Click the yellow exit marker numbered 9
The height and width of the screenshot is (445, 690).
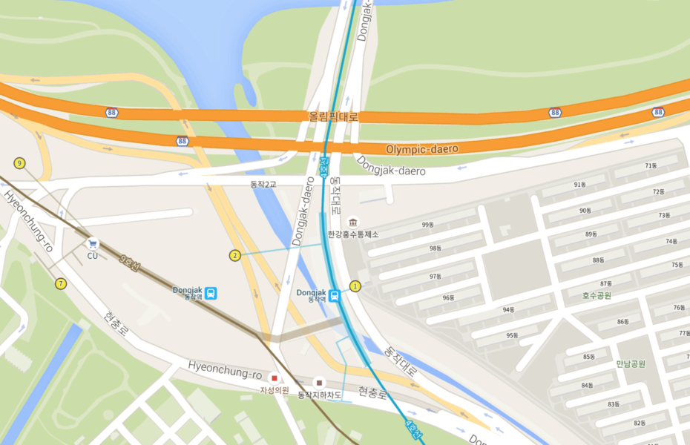coord(19,163)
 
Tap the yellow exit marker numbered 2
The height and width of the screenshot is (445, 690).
coord(234,256)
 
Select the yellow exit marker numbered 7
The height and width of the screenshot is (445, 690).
coord(60,283)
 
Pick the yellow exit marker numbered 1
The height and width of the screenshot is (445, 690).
coord(355,286)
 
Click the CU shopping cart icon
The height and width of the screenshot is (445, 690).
coord(93,243)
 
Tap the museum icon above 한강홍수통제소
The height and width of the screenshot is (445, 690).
coord(353,222)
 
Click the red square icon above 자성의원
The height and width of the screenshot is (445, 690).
coord(274,378)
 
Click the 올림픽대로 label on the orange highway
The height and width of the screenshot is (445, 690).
coord(333,116)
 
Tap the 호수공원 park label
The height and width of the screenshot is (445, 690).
coord(597,295)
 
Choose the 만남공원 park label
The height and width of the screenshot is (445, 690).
coord(631,363)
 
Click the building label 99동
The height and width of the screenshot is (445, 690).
coord(427,225)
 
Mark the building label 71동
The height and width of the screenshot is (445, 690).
coord(651,165)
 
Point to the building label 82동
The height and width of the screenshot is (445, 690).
coord(640,423)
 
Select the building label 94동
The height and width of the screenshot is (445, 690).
coord(508,310)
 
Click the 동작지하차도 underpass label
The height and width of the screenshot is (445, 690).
coord(320,395)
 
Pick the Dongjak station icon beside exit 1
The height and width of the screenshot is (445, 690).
coord(335,295)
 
